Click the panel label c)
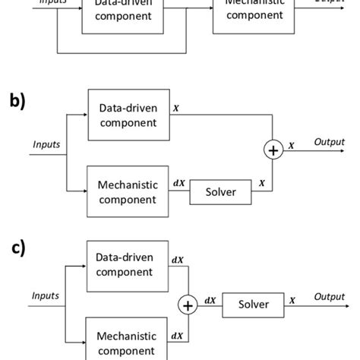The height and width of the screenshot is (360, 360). click(x=17, y=248)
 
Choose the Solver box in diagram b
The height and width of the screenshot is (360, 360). click(x=219, y=192)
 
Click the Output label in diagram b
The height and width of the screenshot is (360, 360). click(x=330, y=142)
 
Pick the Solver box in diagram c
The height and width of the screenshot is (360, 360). click(x=253, y=304)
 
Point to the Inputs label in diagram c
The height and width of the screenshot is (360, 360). click(x=47, y=295)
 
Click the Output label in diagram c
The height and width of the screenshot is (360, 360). click(x=330, y=296)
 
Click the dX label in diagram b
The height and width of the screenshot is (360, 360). click(x=178, y=183)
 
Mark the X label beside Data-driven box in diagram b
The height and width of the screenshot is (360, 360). click(x=176, y=108)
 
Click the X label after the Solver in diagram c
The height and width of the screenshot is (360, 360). click(x=292, y=300)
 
